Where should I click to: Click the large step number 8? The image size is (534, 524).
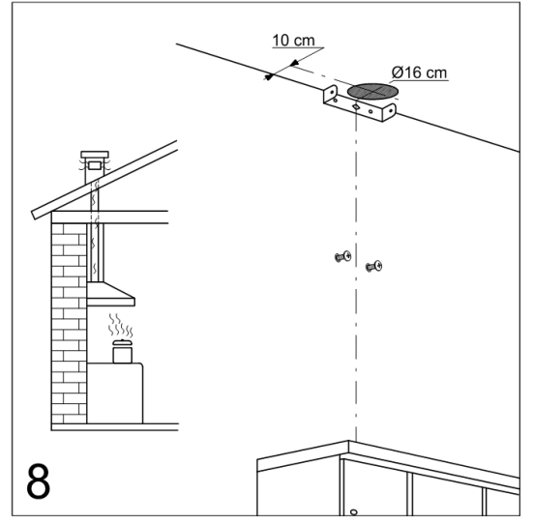(38, 480)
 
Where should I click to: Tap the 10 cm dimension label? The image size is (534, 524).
(293, 41)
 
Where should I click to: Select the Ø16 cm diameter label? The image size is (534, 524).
(419, 73)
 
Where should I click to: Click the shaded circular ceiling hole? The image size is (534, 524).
(372, 91)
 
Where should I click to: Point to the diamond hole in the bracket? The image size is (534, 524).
(356, 107)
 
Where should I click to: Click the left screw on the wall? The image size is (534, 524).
(343, 256)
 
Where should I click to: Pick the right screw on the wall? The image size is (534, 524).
(374, 267)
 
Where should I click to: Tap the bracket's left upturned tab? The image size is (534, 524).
(330, 93)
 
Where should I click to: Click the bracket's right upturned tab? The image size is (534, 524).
(389, 112)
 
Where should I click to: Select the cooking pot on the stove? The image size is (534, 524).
(122, 351)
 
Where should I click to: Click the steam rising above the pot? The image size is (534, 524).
(120, 325)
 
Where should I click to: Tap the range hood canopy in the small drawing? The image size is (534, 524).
(110, 294)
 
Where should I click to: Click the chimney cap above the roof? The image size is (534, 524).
(95, 155)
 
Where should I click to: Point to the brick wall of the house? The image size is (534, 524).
(69, 323)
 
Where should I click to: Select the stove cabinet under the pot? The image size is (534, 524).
(115, 393)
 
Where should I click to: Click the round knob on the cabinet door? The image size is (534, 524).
(354, 512)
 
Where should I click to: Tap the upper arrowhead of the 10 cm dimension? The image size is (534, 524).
(294, 63)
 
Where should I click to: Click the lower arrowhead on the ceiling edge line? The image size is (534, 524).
(269, 77)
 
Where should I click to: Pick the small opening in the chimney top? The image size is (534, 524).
(95, 165)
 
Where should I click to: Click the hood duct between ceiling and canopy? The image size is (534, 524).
(95, 252)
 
